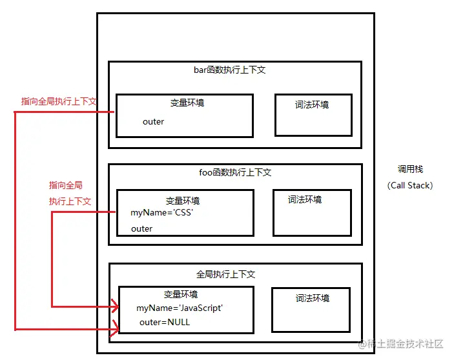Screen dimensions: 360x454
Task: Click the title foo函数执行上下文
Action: tap(235, 172)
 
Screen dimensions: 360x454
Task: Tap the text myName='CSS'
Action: tap(162, 213)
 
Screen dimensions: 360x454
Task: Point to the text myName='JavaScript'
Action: tap(180, 308)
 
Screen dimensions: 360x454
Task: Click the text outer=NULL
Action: tap(165, 322)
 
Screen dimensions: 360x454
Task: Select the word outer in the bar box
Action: tap(153, 121)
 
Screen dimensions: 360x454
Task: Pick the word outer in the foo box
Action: tap(141, 228)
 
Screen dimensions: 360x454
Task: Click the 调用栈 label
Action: tap(410, 170)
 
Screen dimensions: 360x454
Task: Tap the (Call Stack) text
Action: tap(410, 185)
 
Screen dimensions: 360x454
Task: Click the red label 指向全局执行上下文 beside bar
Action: tap(59, 101)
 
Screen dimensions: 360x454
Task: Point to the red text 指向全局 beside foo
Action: tap(66, 185)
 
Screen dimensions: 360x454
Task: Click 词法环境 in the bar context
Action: tap(312, 105)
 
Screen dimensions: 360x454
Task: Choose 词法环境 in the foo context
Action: tap(305, 199)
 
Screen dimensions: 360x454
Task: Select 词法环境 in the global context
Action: tap(313, 298)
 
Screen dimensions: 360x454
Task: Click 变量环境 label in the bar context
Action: tap(187, 102)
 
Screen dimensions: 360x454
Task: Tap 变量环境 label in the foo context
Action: tap(183, 201)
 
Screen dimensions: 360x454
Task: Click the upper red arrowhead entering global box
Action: tap(114, 305)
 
